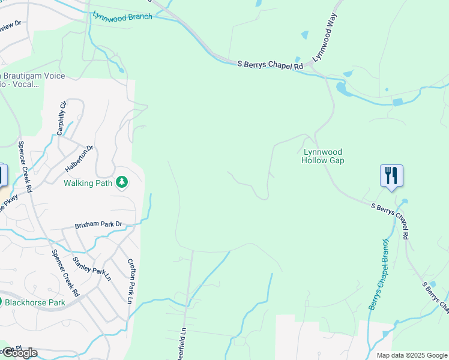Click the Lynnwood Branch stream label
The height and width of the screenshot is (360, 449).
click(x=122, y=16)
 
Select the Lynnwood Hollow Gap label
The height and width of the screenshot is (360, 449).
click(x=324, y=157)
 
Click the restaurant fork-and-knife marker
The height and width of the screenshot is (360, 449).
click(x=391, y=176)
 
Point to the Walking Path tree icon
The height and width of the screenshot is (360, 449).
click(x=122, y=182)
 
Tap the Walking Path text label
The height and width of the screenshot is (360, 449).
click(x=88, y=183)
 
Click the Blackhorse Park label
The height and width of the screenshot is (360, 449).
click(x=35, y=302)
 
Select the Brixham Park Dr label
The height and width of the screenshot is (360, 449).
click(x=98, y=225)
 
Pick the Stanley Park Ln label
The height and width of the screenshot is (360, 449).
click(x=92, y=268)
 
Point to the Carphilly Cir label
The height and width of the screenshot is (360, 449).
click(x=62, y=118)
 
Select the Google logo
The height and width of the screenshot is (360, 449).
click(x=19, y=353)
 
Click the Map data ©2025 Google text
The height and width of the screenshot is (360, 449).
click(x=411, y=355)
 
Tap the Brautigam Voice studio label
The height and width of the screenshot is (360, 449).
click(x=33, y=80)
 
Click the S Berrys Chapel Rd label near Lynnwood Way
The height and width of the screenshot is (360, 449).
click(x=270, y=65)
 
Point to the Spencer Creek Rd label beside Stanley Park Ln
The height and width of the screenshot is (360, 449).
click(x=65, y=274)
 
